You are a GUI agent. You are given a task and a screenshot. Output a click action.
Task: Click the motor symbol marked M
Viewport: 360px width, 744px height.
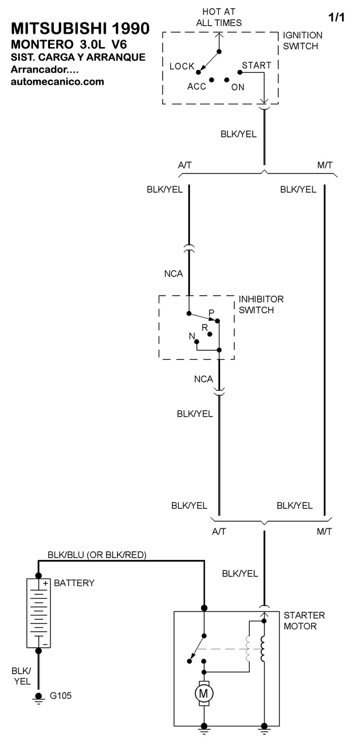(203, 693)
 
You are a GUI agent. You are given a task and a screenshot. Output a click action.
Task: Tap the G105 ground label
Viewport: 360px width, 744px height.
(60, 695)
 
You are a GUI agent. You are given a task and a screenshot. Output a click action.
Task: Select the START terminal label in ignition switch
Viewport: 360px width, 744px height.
(256, 65)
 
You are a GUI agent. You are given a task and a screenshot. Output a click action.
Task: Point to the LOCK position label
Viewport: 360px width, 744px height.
(182, 67)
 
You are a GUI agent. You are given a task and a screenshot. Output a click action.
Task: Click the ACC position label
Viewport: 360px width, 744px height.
(197, 87)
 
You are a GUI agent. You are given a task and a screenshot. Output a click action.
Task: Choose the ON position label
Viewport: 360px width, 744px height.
(238, 87)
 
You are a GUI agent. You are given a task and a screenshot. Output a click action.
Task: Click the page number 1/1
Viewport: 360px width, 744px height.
(337, 17)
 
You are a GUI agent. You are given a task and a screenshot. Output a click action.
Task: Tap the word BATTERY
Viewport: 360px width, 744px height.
(74, 583)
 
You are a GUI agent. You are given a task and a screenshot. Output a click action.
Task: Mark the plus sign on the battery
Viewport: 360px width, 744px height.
(45, 583)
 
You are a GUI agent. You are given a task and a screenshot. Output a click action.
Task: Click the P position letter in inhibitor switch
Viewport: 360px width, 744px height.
(211, 313)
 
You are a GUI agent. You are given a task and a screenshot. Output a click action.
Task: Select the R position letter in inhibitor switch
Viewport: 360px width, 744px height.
(204, 327)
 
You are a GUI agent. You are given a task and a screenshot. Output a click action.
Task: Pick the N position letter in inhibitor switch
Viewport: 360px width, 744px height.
(192, 336)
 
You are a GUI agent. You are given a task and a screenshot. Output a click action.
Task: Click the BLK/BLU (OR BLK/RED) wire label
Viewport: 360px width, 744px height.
(97, 555)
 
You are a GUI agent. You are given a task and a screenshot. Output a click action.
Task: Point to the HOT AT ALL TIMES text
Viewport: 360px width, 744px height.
(219, 17)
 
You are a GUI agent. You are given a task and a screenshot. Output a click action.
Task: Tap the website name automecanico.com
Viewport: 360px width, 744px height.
(58, 82)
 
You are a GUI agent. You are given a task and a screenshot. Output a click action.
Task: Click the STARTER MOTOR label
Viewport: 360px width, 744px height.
(304, 620)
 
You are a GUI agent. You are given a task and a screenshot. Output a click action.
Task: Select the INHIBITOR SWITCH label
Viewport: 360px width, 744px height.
(261, 305)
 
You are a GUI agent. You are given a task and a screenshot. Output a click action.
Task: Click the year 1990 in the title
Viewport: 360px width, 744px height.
(130, 29)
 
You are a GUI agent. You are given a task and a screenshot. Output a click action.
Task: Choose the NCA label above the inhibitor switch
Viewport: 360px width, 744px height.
(174, 273)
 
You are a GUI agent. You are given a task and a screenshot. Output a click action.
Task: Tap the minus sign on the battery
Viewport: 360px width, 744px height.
(45, 644)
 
